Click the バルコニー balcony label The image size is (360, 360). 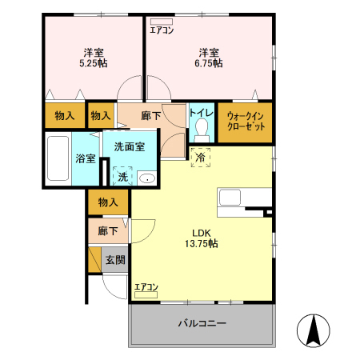click(202, 324)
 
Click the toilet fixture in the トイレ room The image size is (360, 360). click(200, 129)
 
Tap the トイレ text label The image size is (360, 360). click(200, 113)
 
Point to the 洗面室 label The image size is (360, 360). click(129, 146)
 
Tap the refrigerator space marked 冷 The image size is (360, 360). click(200, 158)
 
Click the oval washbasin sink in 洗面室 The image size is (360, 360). click(146, 178)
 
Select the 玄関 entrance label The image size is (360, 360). click(115, 259)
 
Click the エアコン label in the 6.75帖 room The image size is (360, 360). click(162, 31)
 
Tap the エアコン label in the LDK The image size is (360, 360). click(146, 287)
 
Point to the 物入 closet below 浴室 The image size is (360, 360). click(108, 203)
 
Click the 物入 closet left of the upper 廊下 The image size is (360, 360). click(100, 116)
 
